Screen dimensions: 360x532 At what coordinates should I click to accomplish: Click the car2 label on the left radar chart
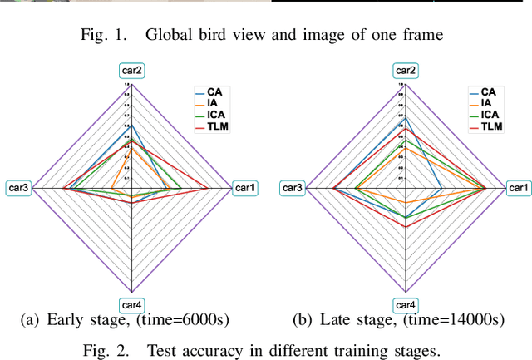point(132,72)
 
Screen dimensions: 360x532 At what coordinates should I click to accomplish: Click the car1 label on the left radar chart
point(245,189)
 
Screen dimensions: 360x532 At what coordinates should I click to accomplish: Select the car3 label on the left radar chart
point(18,189)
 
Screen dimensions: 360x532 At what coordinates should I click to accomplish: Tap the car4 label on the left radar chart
point(132,304)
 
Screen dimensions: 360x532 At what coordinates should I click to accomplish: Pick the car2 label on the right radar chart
point(406,72)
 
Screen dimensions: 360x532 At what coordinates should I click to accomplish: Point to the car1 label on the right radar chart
point(520,189)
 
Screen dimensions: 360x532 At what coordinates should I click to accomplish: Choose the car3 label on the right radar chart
point(293,189)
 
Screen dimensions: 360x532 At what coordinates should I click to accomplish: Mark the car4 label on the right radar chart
point(406,304)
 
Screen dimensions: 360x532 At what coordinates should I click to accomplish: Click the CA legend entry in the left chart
point(213,92)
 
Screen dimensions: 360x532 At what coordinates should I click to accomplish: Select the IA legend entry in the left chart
point(211,103)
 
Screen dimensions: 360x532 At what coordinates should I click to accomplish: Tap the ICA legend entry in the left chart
point(214,115)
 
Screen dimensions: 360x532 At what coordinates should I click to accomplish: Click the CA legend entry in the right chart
point(487,92)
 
